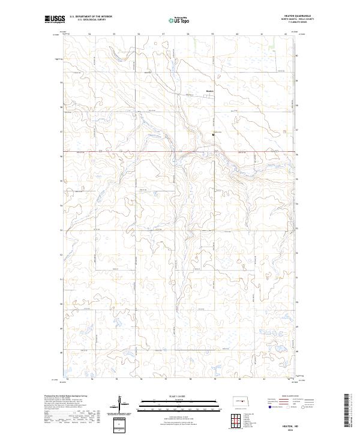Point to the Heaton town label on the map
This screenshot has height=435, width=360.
point(209,91)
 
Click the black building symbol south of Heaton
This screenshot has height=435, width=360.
point(213,135)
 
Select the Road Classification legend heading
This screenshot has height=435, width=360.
point(291,397)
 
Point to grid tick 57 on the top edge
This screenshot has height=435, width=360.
point(164,34)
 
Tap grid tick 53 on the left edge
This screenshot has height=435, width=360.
point(60,230)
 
